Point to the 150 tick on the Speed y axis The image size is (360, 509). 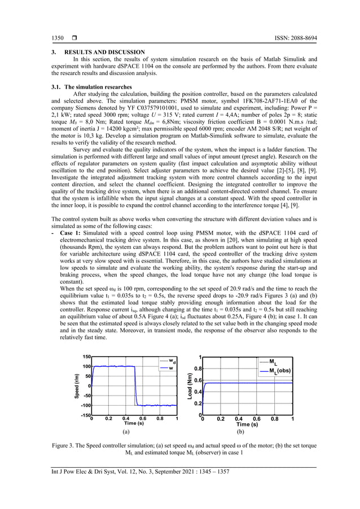[x=86, y=357]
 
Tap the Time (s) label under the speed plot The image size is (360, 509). [x=134, y=423]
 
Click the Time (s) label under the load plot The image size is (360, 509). [x=247, y=424]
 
